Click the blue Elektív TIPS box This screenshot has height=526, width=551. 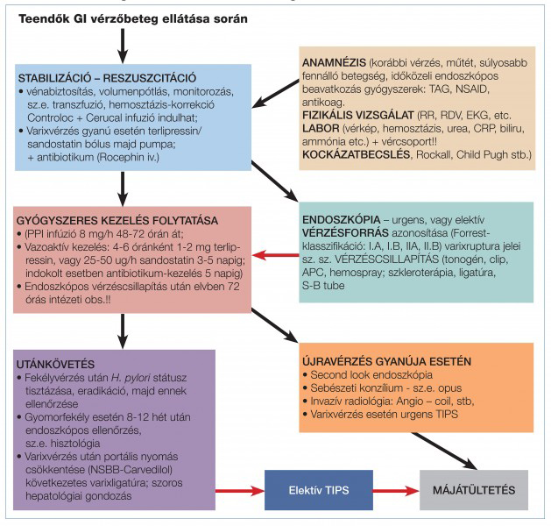[319, 490]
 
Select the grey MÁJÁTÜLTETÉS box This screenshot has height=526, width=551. [474, 490]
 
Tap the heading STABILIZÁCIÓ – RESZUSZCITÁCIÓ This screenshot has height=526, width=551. [107, 78]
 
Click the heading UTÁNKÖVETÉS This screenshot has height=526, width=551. [55, 365]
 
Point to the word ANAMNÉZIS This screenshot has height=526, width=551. [334, 63]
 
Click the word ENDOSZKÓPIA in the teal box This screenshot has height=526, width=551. [342, 220]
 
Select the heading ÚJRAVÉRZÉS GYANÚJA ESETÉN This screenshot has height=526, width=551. [386, 361]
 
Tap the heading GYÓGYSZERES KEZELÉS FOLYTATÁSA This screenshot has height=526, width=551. [117, 221]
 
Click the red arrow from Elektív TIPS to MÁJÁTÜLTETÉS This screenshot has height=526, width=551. [396, 490]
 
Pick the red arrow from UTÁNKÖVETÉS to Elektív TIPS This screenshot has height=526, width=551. [240, 490]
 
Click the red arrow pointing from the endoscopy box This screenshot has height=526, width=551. [275, 255]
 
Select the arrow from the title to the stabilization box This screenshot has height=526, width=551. [123, 46]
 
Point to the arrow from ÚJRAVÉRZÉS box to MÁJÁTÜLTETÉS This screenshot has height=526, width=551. [444, 451]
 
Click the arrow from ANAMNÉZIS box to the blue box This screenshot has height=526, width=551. [275, 94]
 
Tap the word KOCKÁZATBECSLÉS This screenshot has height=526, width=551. [356, 154]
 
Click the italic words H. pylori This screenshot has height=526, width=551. [131, 378]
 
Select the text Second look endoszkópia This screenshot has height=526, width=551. [371, 375]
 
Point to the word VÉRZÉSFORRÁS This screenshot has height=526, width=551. [345, 233]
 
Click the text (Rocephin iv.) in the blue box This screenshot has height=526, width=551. [128, 157]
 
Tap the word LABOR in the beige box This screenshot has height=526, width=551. [321, 128]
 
